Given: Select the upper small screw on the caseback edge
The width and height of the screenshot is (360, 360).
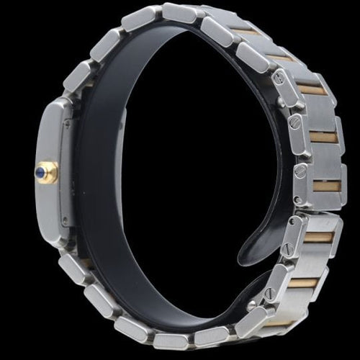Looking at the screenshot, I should [x=66, y=123].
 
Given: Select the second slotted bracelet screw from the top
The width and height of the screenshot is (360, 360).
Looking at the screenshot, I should [x=294, y=122].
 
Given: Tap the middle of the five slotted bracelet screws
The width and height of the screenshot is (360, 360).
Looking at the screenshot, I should [x=299, y=171].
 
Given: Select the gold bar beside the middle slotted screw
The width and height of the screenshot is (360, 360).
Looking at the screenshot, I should [x=325, y=186].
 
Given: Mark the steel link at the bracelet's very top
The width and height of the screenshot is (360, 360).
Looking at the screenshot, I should [x=179, y=12].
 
